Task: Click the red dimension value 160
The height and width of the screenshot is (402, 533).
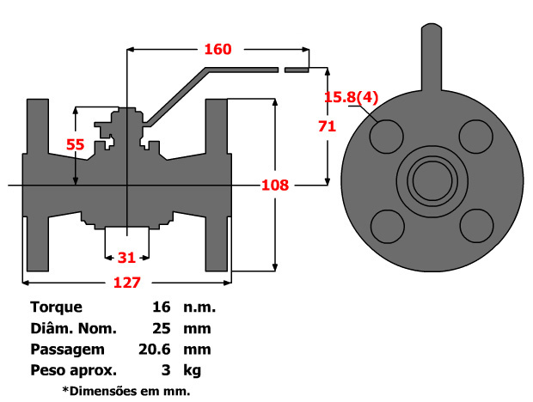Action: [x=217, y=49]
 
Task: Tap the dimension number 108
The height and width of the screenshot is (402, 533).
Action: [x=274, y=185]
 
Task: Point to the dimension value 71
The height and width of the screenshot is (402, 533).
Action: [x=326, y=125]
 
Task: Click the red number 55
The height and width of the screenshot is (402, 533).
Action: [x=76, y=145]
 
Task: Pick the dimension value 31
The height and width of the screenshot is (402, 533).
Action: [x=126, y=257]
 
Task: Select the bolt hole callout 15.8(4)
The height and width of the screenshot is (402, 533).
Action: [x=350, y=97]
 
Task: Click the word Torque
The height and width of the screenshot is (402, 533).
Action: [x=56, y=307]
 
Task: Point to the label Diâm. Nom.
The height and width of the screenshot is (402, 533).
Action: [x=73, y=328]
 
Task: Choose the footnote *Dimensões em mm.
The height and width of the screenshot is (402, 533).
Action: [x=126, y=391]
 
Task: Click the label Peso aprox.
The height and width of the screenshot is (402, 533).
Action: [x=73, y=371]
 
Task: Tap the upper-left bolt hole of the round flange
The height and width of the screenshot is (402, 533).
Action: [x=387, y=136]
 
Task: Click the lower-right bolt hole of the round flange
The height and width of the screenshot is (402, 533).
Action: [x=475, y=225]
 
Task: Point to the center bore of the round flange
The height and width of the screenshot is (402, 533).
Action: [x=431, y=180]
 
